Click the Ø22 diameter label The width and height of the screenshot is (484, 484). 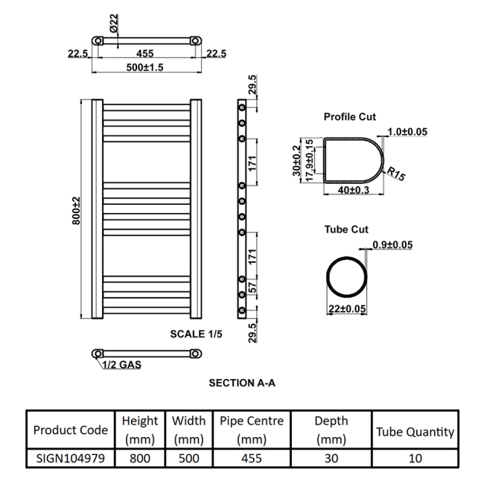(x=114, y=23)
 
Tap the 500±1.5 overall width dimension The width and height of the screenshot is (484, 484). (x=144, y=67)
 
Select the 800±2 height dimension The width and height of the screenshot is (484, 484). (x=76, y=211)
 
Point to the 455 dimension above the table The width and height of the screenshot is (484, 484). (x=144, y=54)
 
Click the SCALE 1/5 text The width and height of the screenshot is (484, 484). (x=196, y=334)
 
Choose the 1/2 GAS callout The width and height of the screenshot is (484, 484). (x=121, y=365)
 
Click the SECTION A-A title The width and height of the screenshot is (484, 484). (x=242, y=383)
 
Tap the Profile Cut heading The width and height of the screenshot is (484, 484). (x=350, y=117)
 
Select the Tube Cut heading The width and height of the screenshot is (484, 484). (x=346, y=229)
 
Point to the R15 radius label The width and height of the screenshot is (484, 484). (x=395, y=173)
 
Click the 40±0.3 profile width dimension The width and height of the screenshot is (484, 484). (x=354, y=190)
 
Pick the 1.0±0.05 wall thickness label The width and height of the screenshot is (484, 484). (x=407, y=132)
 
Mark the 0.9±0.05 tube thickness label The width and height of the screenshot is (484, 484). (x=392, y=245)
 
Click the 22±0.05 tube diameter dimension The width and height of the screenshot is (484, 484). (x=347, y=309)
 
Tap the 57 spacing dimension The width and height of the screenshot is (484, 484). (x=252, y=287)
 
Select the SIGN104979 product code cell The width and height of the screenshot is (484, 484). (x=71, y=458)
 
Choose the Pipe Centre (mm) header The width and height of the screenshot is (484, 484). (x=252, y=430)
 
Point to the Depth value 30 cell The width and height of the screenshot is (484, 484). (x=331, y=458)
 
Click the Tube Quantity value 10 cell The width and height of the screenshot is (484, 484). (x=415, y=458)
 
